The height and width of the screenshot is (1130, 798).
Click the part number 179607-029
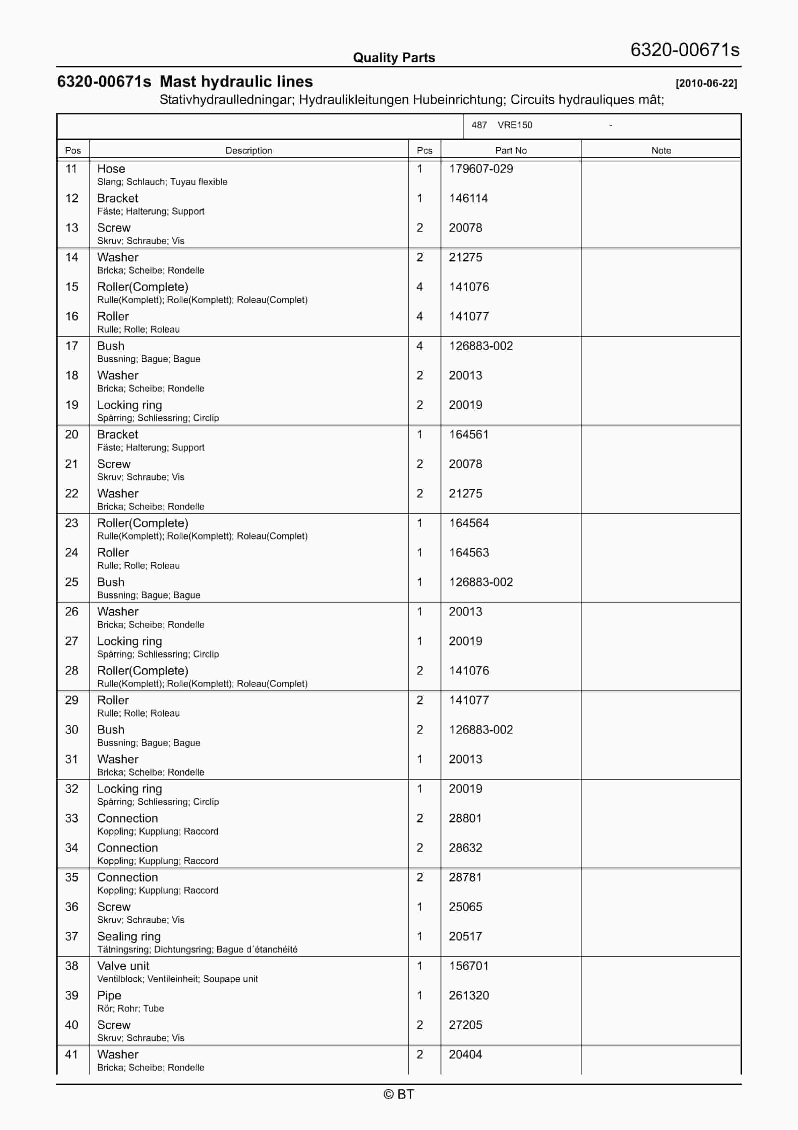tap(481, 169)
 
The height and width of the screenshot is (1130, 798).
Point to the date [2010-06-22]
tap(706, 83)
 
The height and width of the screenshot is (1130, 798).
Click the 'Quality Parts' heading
tap(394, 58)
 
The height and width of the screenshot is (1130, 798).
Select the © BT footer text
tap(399, 1094)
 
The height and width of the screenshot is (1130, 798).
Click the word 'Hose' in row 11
tap(111, 169)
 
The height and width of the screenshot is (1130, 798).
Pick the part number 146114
tap(468, 198)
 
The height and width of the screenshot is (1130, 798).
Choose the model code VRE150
tap(515, 125)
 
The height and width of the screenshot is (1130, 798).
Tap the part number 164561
tap(468, 434)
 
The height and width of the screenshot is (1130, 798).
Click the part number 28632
tap(465, 847)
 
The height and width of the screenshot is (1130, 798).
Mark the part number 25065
tap(465, 907)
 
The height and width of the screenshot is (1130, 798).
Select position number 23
tap(71, 523)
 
